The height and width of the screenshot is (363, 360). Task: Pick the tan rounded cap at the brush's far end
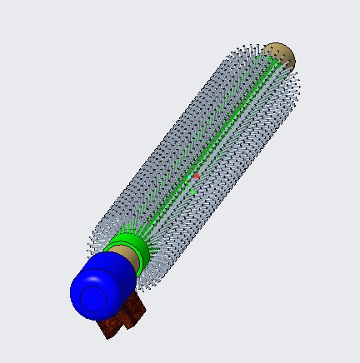pos(280,56)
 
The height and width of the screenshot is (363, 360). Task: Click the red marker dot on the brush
pos(196,177)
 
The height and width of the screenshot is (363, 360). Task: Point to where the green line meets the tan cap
pos(271,64)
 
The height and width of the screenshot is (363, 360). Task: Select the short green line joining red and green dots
pos(194,184)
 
